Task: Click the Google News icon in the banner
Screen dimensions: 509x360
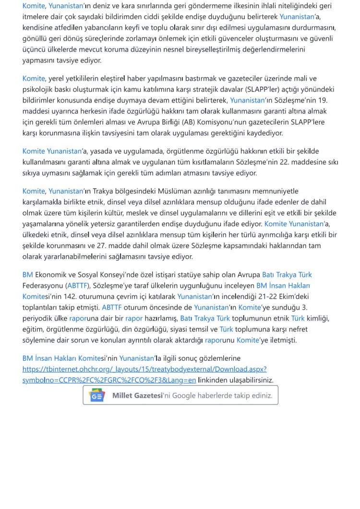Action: click(x=97, y=396)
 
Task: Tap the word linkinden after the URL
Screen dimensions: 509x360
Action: click(x=215, y=380)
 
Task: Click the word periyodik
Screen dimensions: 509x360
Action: click(x=39, y=318)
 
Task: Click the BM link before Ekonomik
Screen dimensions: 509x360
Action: click(x=27, y=274)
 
